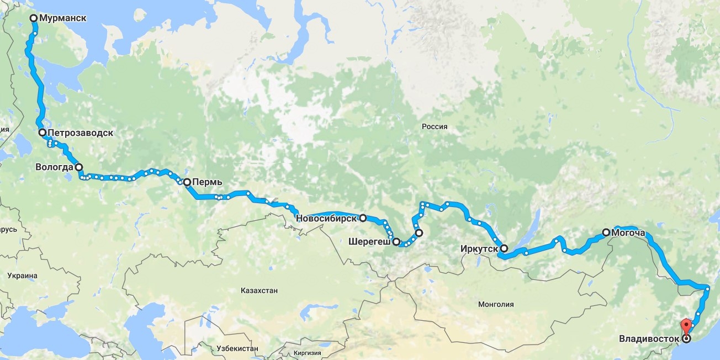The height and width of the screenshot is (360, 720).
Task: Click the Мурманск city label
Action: pos(63,18)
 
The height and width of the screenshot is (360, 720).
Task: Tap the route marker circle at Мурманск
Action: pos(34,18)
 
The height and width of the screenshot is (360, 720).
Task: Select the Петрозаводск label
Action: pos(80,133)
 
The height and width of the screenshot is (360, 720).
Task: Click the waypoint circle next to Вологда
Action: pos(78,166)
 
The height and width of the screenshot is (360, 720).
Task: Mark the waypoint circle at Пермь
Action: pos(187,182)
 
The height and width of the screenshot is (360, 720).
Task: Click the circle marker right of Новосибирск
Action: pos(363,218)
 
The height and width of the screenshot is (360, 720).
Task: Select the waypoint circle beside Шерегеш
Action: pos(396,241)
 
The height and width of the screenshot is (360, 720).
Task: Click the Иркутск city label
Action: pos(479,249)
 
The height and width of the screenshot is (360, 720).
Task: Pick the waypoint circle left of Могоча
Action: pos(606,232)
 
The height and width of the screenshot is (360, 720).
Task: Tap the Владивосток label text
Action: pos(649,338)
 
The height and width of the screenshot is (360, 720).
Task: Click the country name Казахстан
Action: pos(259,290)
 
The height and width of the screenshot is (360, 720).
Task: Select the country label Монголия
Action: pos(496,304)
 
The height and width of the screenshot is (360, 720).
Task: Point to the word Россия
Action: pos(434,126)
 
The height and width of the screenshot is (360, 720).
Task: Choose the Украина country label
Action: pos(22,275)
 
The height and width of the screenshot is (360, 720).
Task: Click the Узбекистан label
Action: pos(234,349)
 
